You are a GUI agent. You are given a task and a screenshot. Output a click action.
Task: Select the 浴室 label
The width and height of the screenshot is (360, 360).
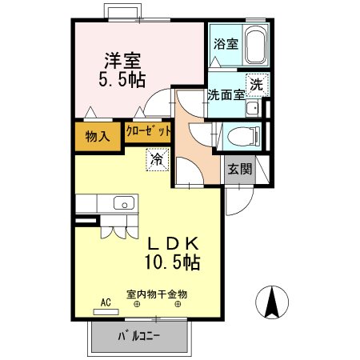(225, 44)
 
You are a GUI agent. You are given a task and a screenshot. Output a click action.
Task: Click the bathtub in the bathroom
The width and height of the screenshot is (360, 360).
(254, 46)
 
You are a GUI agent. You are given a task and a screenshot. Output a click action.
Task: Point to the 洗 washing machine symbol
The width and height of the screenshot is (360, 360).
(258, 84)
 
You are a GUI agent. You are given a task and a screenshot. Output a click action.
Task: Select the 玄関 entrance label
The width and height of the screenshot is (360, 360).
(239, 169)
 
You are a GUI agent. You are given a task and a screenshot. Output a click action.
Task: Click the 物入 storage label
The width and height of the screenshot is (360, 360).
(97, 136)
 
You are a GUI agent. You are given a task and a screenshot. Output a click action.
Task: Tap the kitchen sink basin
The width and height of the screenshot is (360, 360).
(125, 203)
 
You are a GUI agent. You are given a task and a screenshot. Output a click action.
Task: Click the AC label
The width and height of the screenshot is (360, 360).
(105, 302)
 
